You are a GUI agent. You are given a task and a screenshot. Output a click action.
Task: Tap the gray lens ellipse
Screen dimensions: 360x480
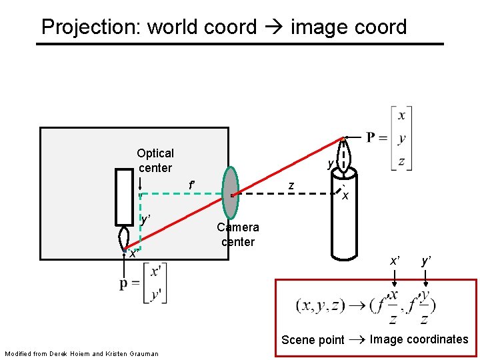point(230,193)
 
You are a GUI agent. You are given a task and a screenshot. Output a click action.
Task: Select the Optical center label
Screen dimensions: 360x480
point(155,161)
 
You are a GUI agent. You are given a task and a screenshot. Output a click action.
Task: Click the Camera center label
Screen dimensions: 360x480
point(238,235)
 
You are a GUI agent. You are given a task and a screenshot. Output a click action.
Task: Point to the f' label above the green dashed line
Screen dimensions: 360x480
point(191,185)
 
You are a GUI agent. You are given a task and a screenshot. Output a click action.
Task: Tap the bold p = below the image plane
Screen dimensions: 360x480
point(129,283)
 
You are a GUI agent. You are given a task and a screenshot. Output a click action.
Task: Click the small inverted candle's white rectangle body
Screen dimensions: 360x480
point(125,197)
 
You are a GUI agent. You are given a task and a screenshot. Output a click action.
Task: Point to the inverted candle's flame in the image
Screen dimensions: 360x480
point(125,239)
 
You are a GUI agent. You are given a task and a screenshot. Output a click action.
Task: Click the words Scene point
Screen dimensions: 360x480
point(313,340)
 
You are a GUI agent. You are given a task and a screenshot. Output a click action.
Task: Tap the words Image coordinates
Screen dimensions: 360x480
point(419,339)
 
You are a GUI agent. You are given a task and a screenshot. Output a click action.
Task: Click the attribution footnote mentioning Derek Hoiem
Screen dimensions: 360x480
point(81,353)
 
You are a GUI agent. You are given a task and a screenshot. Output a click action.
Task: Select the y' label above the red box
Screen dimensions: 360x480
point(425,261)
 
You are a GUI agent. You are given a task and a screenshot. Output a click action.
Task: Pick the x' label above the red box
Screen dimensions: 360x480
point(395,261)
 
